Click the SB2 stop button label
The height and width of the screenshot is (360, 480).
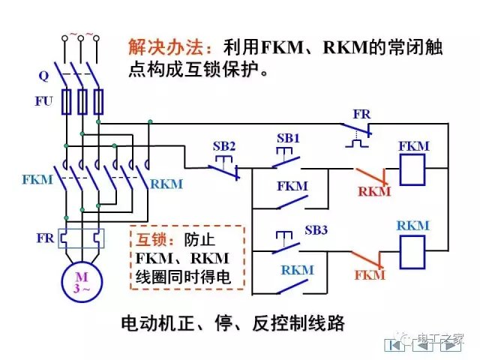(x=223, y=145)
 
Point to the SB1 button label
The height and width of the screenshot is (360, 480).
(x=288, y=139)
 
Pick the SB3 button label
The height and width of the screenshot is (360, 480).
(x=316, y=229)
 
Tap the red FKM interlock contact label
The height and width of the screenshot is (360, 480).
(x=370, y=275)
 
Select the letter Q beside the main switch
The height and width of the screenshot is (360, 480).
(x=43, y=76)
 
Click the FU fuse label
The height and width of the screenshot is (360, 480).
(x=43, y=101)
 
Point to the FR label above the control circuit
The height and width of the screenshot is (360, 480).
(x=361, y=114)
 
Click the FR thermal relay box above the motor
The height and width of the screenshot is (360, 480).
(x=80, y=238)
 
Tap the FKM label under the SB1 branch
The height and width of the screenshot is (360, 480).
(x=292, y=185)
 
